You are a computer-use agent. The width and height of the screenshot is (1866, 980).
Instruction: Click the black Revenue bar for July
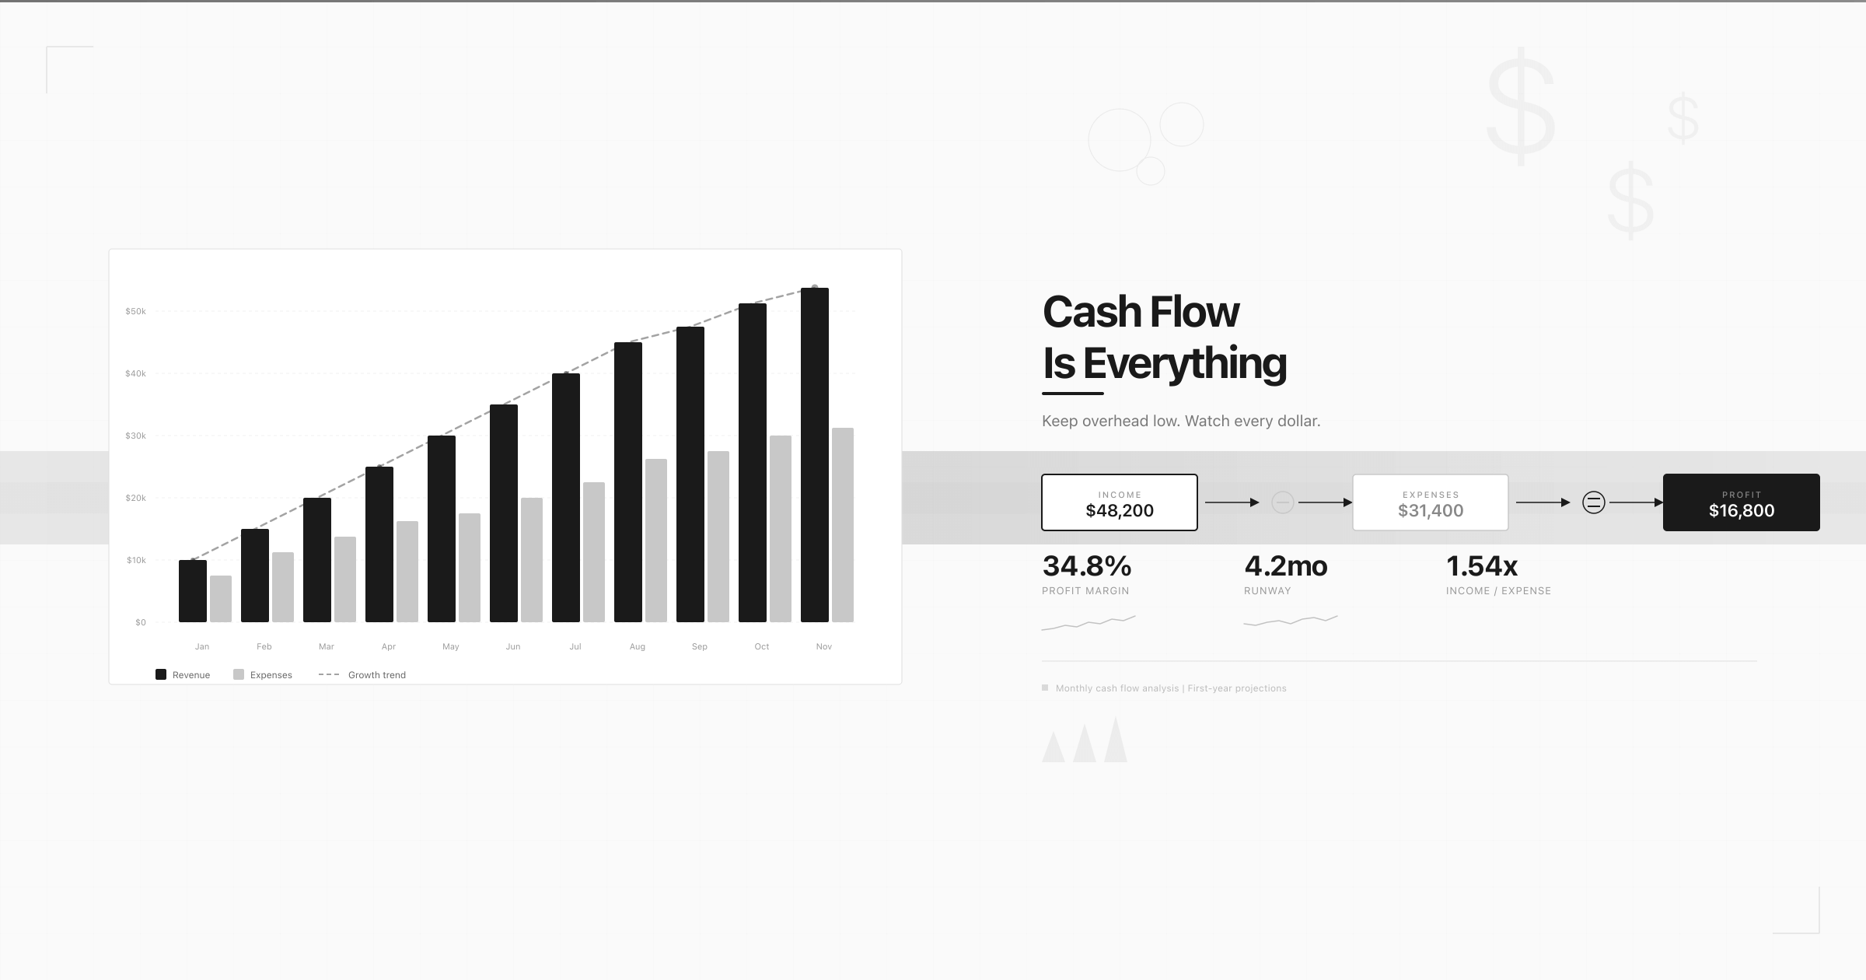566,498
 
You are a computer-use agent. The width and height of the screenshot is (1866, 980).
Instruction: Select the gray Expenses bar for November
843,525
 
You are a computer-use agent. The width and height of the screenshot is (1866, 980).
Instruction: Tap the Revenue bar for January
193,591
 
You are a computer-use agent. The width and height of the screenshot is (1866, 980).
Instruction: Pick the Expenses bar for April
407,572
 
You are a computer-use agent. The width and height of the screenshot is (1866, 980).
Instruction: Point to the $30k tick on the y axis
135,436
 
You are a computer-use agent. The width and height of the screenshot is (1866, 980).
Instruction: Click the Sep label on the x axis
699,646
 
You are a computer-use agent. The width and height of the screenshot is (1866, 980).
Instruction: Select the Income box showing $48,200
1120,502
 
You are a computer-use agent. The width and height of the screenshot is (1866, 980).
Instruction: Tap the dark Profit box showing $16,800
1741,502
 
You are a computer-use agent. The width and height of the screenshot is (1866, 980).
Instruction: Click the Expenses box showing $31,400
1431,502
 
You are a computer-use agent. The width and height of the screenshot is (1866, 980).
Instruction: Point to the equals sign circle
1594,502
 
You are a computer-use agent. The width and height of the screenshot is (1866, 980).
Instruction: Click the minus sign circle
1282,502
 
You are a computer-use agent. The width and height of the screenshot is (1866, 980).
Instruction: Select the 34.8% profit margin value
1086,566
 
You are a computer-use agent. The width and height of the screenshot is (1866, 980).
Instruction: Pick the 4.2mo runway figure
1285,566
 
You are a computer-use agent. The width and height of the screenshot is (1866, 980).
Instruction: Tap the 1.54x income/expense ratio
1481,566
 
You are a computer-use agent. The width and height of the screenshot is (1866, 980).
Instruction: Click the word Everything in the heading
1185,363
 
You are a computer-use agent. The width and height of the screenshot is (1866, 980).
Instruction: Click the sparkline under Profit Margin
1088,622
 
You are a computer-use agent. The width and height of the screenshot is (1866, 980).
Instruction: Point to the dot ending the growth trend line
815,287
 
